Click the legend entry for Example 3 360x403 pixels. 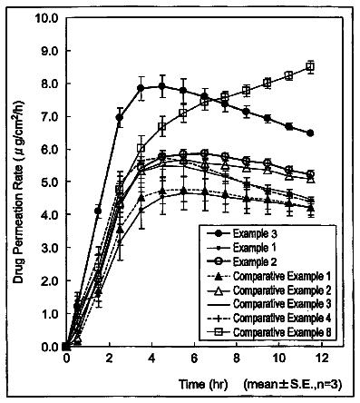click(255, 234)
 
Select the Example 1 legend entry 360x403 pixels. click(254, 248)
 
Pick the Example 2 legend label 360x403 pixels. click(255, 261)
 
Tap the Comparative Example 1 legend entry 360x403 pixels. click(282, 276)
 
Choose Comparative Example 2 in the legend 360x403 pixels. click(282, 290)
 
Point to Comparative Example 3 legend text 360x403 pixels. click(282, 304)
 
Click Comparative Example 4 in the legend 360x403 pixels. click(282, 318)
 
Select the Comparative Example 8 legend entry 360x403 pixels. click(282, 332)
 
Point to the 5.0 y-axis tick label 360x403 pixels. click(49, 182)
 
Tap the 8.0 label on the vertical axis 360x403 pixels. click(49, 84)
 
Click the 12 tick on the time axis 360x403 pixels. click(322, 359)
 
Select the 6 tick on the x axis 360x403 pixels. click(194, 359)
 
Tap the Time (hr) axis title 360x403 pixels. click(203, 384)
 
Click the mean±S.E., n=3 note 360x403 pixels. click(293, 385)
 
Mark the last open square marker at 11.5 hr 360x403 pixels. click(310, 66)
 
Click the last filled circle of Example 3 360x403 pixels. click(310, 133)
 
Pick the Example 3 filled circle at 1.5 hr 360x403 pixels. click(98, 211)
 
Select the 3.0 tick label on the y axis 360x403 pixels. click(49, 248)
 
